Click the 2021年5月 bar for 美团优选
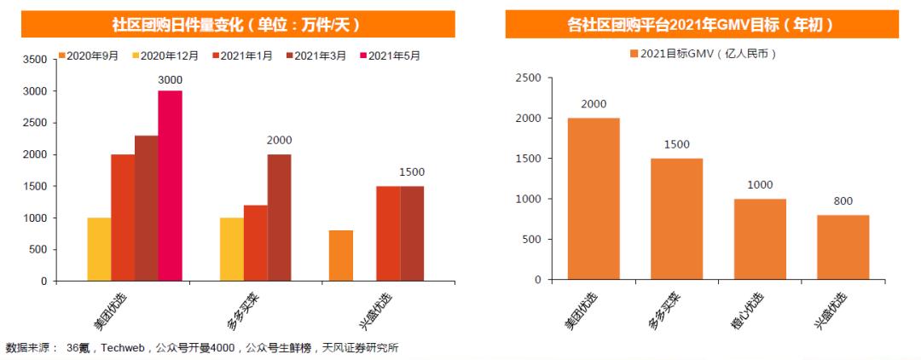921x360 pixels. coord(170,186)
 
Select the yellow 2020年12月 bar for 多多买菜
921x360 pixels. coord(231,249)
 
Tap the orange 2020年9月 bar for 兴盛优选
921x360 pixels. coord(340,255)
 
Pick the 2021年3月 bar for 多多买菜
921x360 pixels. coord(279,218)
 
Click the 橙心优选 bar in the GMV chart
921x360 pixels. coord(760,239)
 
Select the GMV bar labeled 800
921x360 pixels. coord(843,247)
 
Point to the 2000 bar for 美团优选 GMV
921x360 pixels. coord(594,199)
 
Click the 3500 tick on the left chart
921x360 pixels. coord(34,60)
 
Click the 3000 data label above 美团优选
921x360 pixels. coord(171,80)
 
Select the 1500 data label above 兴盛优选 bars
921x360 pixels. coord(412,172)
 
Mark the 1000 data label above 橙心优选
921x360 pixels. coord(760,185)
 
